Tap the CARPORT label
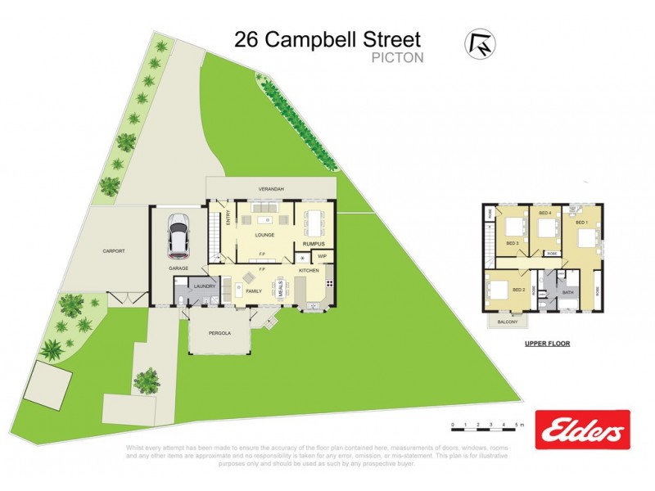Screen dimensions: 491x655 click(113, 251)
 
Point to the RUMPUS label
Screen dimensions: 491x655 click(315, 244)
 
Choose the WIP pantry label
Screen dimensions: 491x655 click(322, 256)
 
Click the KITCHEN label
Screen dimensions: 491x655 click(308, 270)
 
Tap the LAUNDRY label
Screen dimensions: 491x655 click(204, 286)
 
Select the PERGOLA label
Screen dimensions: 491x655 click(219, 334)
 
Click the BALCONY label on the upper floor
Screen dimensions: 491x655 click(508, 322)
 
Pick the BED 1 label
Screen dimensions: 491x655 click(581, 223)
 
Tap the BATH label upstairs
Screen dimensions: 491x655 click(567, 293)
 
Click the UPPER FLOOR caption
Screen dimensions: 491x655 click(548, 344)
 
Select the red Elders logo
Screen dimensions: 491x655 click(582, 430)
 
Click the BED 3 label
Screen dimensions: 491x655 click(512, 244)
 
